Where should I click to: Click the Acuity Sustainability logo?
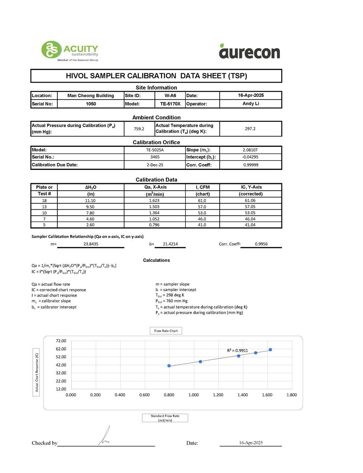(70, 51)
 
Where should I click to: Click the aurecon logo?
(249, 52)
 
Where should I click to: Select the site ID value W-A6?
(170, 96)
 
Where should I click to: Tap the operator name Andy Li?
(251, 104)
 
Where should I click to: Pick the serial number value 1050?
(91, 104)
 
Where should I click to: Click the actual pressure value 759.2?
(139, 129)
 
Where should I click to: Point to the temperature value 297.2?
(250, 129)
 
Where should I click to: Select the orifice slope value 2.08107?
(250, 150)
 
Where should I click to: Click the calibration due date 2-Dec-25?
(155, 165)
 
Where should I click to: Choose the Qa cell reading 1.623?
(154, 200)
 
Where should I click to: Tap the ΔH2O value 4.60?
(90, 219)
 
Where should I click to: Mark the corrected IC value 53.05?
(250, 213)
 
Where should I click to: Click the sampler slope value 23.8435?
(91, 244)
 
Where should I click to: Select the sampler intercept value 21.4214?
(170, 244)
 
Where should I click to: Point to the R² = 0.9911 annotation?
(238, 350)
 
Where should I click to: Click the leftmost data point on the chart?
(169, 366)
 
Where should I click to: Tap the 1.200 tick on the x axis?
(218, 395)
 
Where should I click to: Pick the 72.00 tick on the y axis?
(61, 341)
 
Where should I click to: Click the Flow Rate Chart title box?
(166, 331)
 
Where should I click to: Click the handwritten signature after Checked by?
(105, 436)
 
